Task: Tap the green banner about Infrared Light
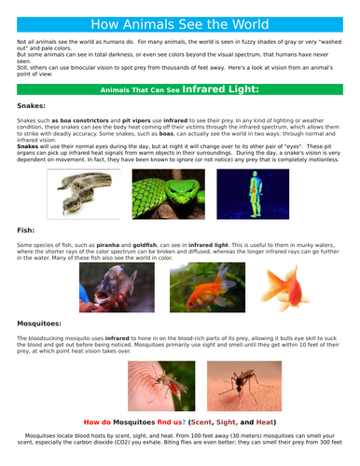pos(180,90)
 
